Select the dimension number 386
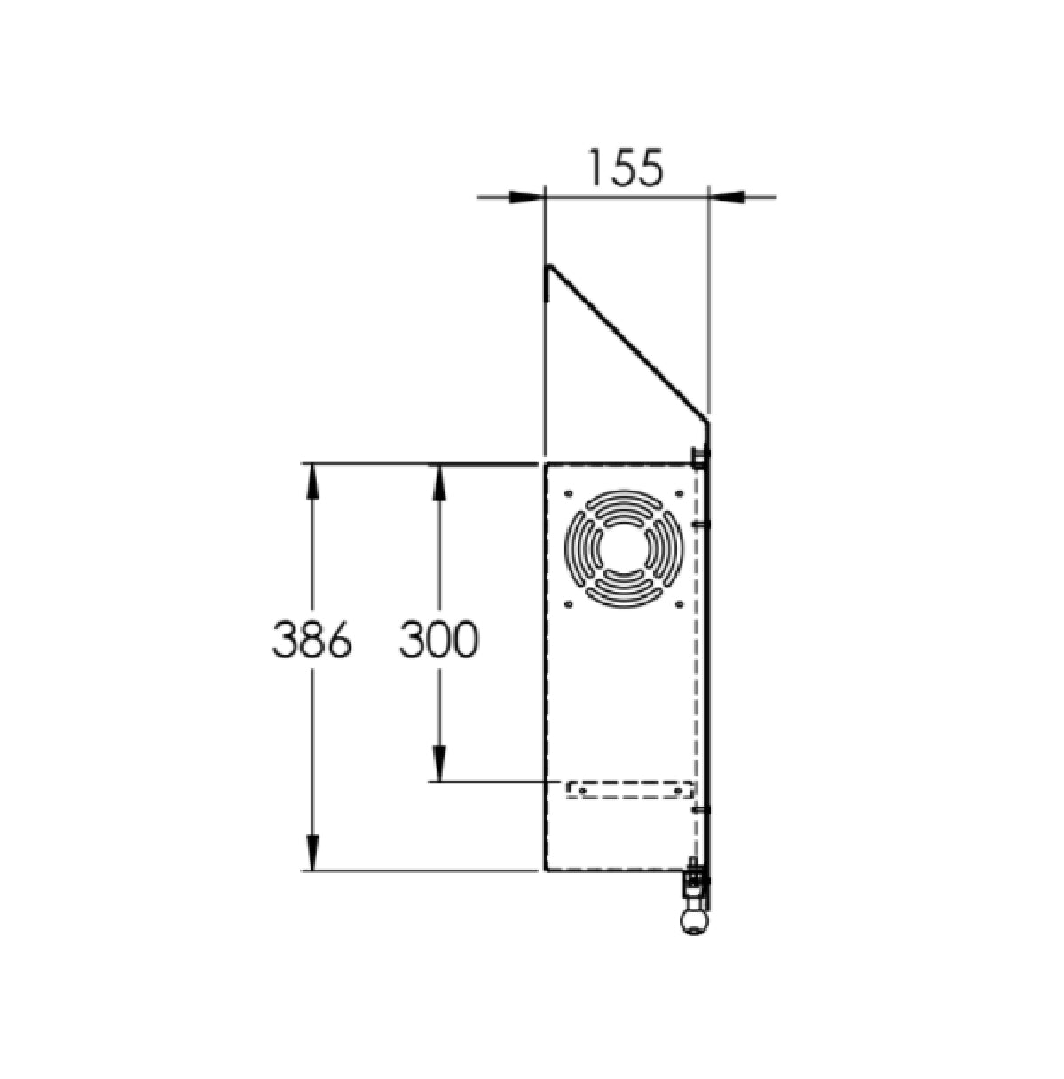(x=311, y=640)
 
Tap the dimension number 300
(x=438, y=640)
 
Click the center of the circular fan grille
(x=624, y=547)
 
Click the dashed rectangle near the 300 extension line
(x=630, y=789)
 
